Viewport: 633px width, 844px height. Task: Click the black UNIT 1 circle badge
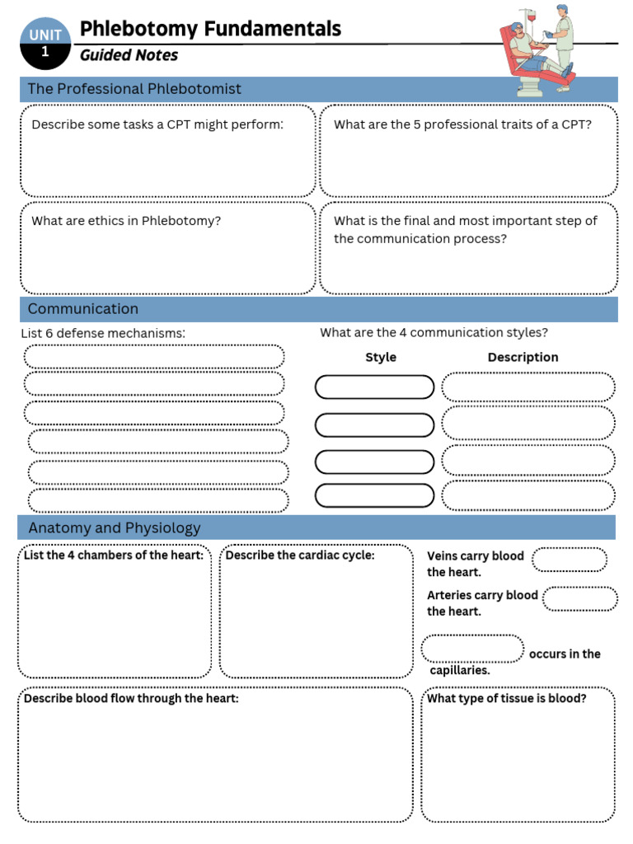click(x=45, y=44)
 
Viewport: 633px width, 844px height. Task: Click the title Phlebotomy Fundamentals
click(x=209, y=29)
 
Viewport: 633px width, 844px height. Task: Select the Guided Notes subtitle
click(x=129, y=56)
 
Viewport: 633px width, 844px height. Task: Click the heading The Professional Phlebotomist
click(x=134, y=89)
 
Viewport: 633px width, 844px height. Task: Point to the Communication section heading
click(x=83, y=309)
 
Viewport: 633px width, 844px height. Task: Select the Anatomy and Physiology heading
click(x=115, y=528)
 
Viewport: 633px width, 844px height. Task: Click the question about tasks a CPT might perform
click(x=157, y=125)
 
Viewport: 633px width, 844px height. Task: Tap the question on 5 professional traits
click(x=462, y=125)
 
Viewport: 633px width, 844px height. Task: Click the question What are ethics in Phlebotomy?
click(x=126, y=221)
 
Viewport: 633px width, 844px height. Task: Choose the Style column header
click(x=381, y=358)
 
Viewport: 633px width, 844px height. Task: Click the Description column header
click(x=523, y=358)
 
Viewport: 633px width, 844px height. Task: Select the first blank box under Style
click(x=374, y=387)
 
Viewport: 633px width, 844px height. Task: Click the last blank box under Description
click(x=528, y=496)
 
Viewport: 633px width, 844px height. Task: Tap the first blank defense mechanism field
click(x=154, y=357)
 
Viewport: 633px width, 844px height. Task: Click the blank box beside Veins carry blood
click(x=570, y=560)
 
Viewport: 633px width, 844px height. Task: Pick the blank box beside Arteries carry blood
click(x=580, y=598)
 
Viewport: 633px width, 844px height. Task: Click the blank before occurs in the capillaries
click(x=472, y=649)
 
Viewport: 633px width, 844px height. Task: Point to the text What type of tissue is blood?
click(x=507, y=699)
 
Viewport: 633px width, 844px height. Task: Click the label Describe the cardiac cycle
click(x=300, y=556)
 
